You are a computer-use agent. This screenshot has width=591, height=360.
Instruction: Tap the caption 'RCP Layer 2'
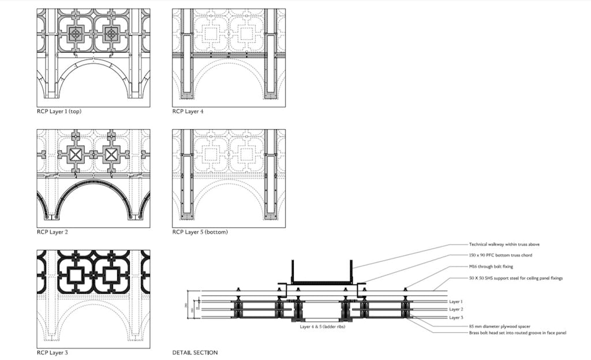(51, 232)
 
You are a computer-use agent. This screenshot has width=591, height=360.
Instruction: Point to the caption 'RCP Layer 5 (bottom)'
(200, 232)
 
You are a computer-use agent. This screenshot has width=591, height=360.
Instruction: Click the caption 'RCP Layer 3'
(51, 352)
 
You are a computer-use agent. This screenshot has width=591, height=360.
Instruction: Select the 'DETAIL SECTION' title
(194, 352)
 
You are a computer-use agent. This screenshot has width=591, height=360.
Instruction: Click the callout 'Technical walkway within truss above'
(504, 245)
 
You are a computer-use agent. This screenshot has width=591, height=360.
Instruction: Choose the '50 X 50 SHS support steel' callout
(515, 278)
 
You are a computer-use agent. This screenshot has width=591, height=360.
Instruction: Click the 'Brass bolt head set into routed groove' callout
(517, 333)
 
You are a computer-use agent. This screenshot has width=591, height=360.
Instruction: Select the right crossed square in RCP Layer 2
(111, 154)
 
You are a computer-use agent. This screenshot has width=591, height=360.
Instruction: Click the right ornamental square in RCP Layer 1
(111, 34)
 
